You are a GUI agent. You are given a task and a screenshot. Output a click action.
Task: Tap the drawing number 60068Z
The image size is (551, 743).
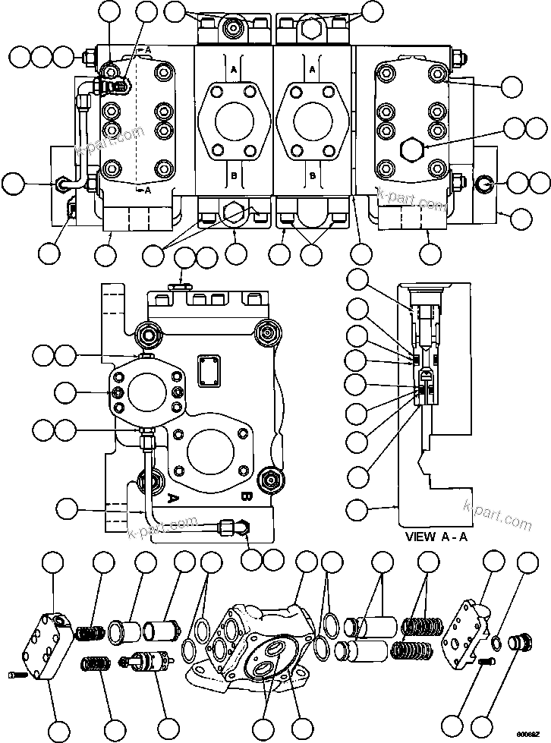coord(530,735)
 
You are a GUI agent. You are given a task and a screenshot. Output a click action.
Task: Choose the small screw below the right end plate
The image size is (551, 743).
coord(486,663)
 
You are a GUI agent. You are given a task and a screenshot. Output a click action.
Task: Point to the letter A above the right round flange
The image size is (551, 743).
coord(312,68)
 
